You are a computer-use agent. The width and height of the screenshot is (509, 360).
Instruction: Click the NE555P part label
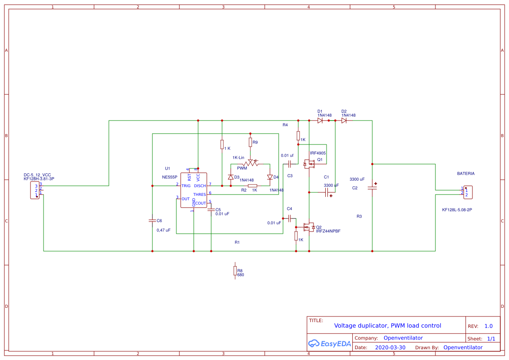pyautogui.click(x=169, y=177)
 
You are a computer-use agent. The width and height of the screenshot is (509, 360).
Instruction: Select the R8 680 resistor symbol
pyautogui.click(x=235, y=271)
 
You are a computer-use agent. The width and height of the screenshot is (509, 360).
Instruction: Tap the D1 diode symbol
pyautogui.click(x=320, y=121)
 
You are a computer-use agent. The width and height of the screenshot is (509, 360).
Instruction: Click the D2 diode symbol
pyautogui.click(x=344, y=121)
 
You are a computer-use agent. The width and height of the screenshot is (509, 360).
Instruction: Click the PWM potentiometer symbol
pyautogui.click(x=251, y=164)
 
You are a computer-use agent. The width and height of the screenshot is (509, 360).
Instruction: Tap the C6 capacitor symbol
pyautogui.click(x=152, y=220)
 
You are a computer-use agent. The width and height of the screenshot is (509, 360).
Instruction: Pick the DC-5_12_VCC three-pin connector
pyautogui.click(x=35, y=191)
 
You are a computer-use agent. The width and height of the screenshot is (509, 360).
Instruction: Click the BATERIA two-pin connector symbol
pyautogui.click(x=468, y=192)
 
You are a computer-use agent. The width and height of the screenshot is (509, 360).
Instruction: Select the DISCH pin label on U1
pyautogui.click(x=200, y=186)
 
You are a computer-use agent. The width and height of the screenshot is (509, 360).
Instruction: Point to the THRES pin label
pyautogui.click(x=199, y=195)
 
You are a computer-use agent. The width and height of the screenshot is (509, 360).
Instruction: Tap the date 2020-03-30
pyautogui.click(x=390, y=347)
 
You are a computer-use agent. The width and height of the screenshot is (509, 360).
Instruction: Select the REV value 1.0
pyautogui.click(x=489, y=326)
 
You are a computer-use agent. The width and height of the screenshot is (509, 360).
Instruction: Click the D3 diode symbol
pyautogui.click(x=231, y=177)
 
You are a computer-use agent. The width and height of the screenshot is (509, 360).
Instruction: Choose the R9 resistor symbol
pyautogui.click(x=250, y=142)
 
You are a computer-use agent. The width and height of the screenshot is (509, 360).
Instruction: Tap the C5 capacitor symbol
pyautogui.click(x=211, y=210)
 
